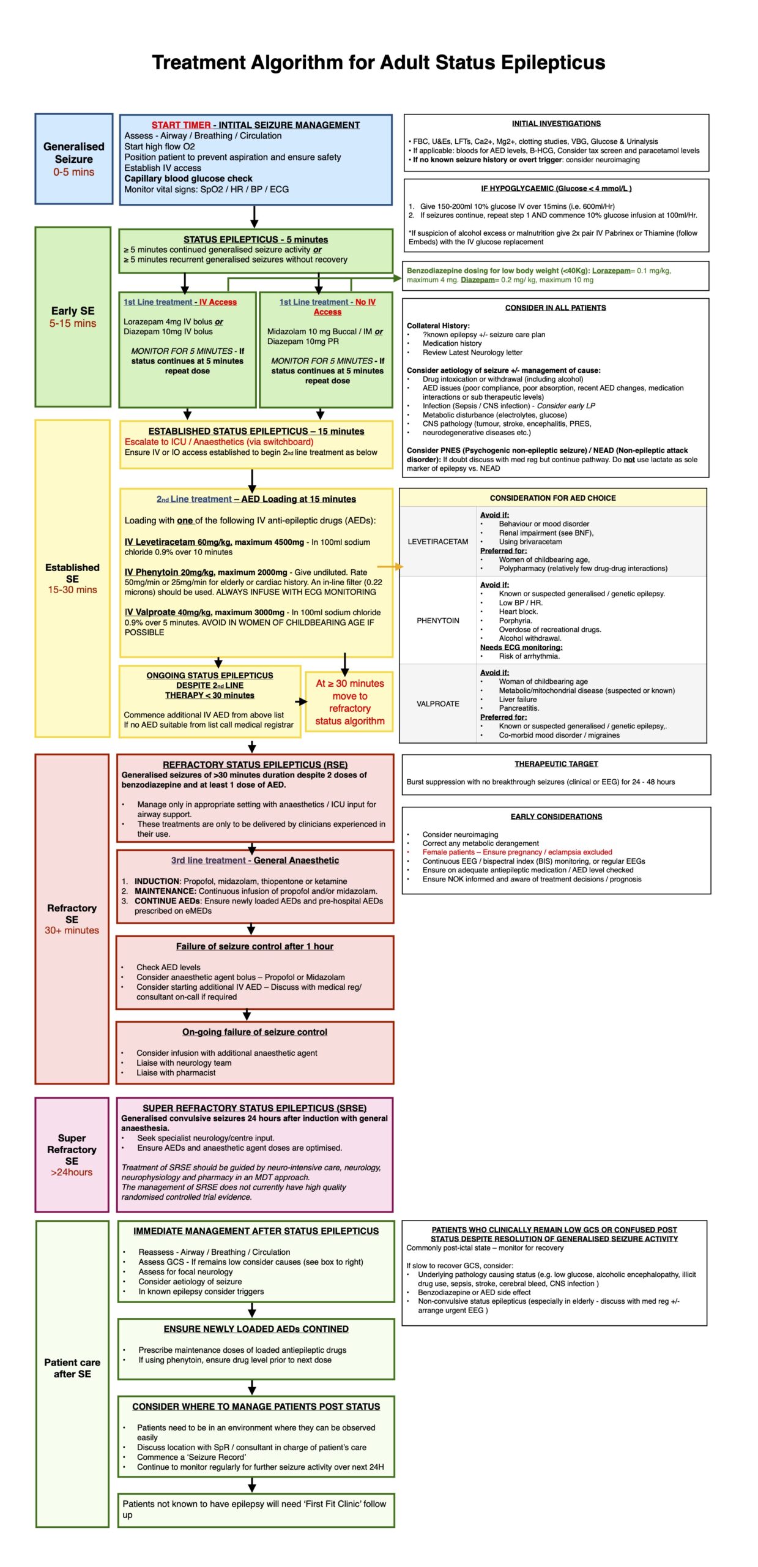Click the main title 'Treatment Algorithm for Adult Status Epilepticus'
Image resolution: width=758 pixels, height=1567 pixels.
point(378,62)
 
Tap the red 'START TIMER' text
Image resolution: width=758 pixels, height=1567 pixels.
point(181,125)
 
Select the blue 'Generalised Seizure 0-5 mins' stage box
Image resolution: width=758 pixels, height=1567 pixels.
point(73,159)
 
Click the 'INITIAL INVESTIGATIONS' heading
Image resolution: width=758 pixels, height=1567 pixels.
point(555,124)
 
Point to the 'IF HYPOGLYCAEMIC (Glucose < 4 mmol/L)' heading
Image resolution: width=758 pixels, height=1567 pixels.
point(555,189)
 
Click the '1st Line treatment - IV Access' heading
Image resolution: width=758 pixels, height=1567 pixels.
point(180,302)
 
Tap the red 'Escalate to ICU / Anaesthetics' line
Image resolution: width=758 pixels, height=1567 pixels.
point(219,441)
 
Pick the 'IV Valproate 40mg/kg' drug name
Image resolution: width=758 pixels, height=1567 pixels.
point(168,611)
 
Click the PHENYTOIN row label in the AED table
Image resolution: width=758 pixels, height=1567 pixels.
point(437,620)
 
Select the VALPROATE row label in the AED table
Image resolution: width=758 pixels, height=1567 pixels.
point(437,703)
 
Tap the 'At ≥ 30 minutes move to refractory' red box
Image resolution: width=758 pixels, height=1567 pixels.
point(349,701)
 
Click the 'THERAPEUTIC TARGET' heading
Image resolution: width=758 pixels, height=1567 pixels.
point(555,763)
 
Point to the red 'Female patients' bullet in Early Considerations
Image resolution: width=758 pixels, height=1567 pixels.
point(516,851)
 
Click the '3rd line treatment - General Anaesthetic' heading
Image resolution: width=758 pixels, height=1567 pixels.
point(255,860)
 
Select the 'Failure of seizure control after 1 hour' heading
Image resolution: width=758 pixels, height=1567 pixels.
point(255,946)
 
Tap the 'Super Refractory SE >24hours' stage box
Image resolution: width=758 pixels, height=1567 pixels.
point(72,1154)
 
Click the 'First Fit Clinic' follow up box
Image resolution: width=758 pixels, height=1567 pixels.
point(255,1509)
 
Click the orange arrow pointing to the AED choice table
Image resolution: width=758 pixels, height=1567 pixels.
point(390,567)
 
